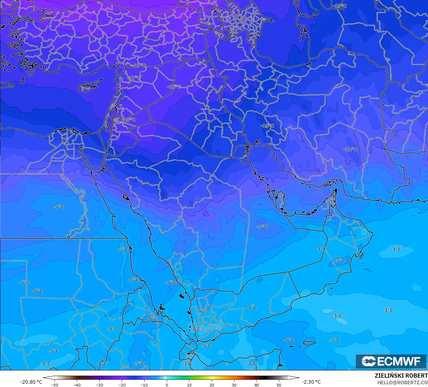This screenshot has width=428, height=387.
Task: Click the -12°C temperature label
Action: pyautogui.click(x=350, y=149)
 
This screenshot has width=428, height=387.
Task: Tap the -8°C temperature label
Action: pyautogui.click(x=262, y=227)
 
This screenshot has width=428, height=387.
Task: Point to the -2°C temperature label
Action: pyautogui.click(x=251, y=364)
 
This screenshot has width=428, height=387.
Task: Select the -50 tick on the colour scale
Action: pyautogui.click(x=54, y=385)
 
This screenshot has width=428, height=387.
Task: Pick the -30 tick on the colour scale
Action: pyautogui.click(x=99, y=385)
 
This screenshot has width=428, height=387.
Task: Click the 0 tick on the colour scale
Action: pyautogui.click(x=167, y=385)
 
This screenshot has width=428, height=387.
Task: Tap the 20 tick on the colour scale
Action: pyautogui.click(x=212, y=385)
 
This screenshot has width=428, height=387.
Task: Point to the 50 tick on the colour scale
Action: pyautogui.click(x=279, y=385)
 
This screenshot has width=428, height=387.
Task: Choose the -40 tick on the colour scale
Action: pyautogui.click(x=77, y=385)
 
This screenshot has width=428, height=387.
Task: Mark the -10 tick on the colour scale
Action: pyautogui.click(x=144, y=385)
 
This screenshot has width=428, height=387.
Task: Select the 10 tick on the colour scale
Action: pyautogui.click(x=189, y=385)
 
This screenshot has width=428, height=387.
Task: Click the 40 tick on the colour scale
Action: pyautogui.click(x=256, y=385)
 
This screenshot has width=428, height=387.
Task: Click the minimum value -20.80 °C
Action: pyautogui.click(x=31, y=382)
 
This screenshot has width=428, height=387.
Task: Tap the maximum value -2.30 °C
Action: pyautogui.click(x=311, y=382)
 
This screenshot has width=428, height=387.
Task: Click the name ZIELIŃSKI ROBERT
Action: pyautogui.click(x=401, y=376)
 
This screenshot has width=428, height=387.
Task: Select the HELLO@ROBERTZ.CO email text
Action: pyautogui.click(x=402, y=382)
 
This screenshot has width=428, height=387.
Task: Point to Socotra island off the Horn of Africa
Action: pyautogui.click(x=309, y=342)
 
